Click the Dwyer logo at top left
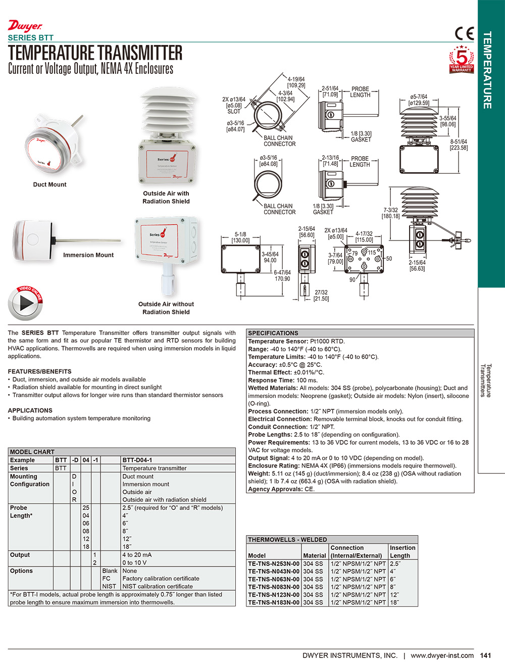(25, 26)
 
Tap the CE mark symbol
(465, 33)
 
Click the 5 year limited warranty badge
(462, 60)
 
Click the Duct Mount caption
(49, 184)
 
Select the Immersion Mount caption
(88, 255)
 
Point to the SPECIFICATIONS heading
(273, 333)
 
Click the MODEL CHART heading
(32, 452)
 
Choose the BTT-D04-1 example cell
(137, 460)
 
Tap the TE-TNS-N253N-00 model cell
(274, 563)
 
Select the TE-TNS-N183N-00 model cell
(274, 602)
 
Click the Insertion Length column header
(402, 551)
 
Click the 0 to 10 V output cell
(134, 562)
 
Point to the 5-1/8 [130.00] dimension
(240, 238)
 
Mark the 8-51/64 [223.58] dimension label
(459, 145)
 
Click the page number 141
(485, 655)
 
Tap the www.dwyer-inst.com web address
(442, 655)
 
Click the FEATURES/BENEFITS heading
(40, 371)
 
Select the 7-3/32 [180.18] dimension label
(390, 213)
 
